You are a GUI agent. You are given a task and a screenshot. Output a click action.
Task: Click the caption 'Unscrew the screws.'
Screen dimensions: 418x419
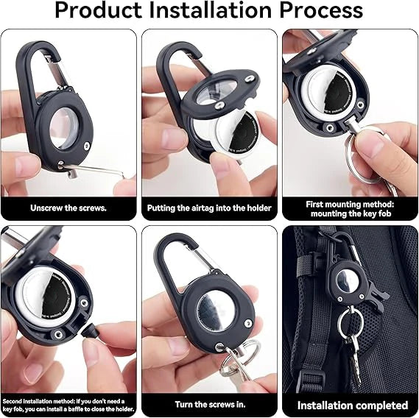click(68, 208)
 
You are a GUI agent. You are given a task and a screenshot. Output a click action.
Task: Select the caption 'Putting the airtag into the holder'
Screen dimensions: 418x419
click(209, 208)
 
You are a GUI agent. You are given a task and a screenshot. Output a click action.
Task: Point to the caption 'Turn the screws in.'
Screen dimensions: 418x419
click(209, 405)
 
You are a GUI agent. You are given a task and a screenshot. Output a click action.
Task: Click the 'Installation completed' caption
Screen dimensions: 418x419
click(352, 405)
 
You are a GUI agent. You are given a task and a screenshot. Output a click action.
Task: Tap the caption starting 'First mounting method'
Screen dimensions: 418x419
click(351, 208)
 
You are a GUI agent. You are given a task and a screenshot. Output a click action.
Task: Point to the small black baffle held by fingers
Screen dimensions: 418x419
click(94, 332)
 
